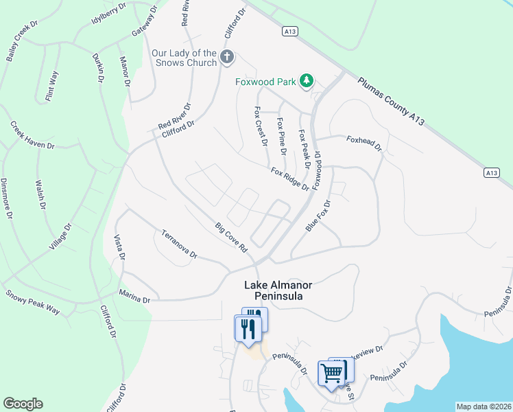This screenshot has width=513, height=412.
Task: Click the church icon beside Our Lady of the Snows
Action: coord(228,57)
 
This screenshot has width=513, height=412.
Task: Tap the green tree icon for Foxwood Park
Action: coord(307,82)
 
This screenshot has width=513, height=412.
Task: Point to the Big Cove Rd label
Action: coord(230,237)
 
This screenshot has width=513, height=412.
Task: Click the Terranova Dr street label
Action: coord(179,244)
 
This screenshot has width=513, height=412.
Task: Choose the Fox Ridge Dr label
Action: coord(289,179)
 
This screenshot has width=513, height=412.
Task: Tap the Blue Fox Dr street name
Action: coord(318,216)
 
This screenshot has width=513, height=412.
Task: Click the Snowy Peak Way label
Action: coord(33,302)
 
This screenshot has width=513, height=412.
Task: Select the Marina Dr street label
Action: coord(134,299)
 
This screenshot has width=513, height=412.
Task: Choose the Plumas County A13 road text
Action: coord(392,100)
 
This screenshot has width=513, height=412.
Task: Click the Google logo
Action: coord(23,404)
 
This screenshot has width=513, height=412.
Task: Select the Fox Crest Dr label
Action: coord(260,126)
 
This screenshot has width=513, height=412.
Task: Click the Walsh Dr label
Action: coord(40,195)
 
